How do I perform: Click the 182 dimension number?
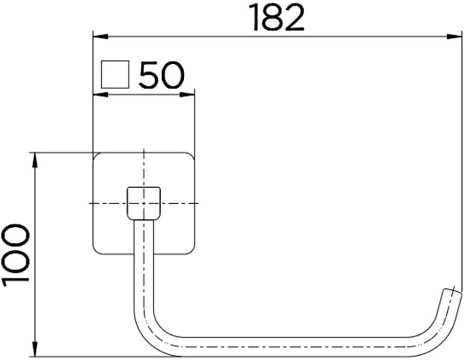[x=277, y=18]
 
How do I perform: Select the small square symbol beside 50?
[x=115, y=74]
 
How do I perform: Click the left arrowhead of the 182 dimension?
[x=100, y=37]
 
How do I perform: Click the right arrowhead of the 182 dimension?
[x=455, y=37]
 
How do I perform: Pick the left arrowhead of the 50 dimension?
[x=100, y=95]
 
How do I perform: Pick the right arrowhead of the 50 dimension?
[x=187, y=95]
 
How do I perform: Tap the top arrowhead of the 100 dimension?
[x=35, y=160]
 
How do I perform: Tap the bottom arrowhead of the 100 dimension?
[x=35, y=349]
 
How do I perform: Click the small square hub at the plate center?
[x=144, y=203]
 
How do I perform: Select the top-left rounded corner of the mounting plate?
[x=96, y=156]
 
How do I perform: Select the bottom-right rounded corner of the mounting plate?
[x=191, y=251]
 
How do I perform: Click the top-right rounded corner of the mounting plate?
[x=191, y=156]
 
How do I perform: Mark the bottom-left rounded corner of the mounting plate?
[x=96, y=251]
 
